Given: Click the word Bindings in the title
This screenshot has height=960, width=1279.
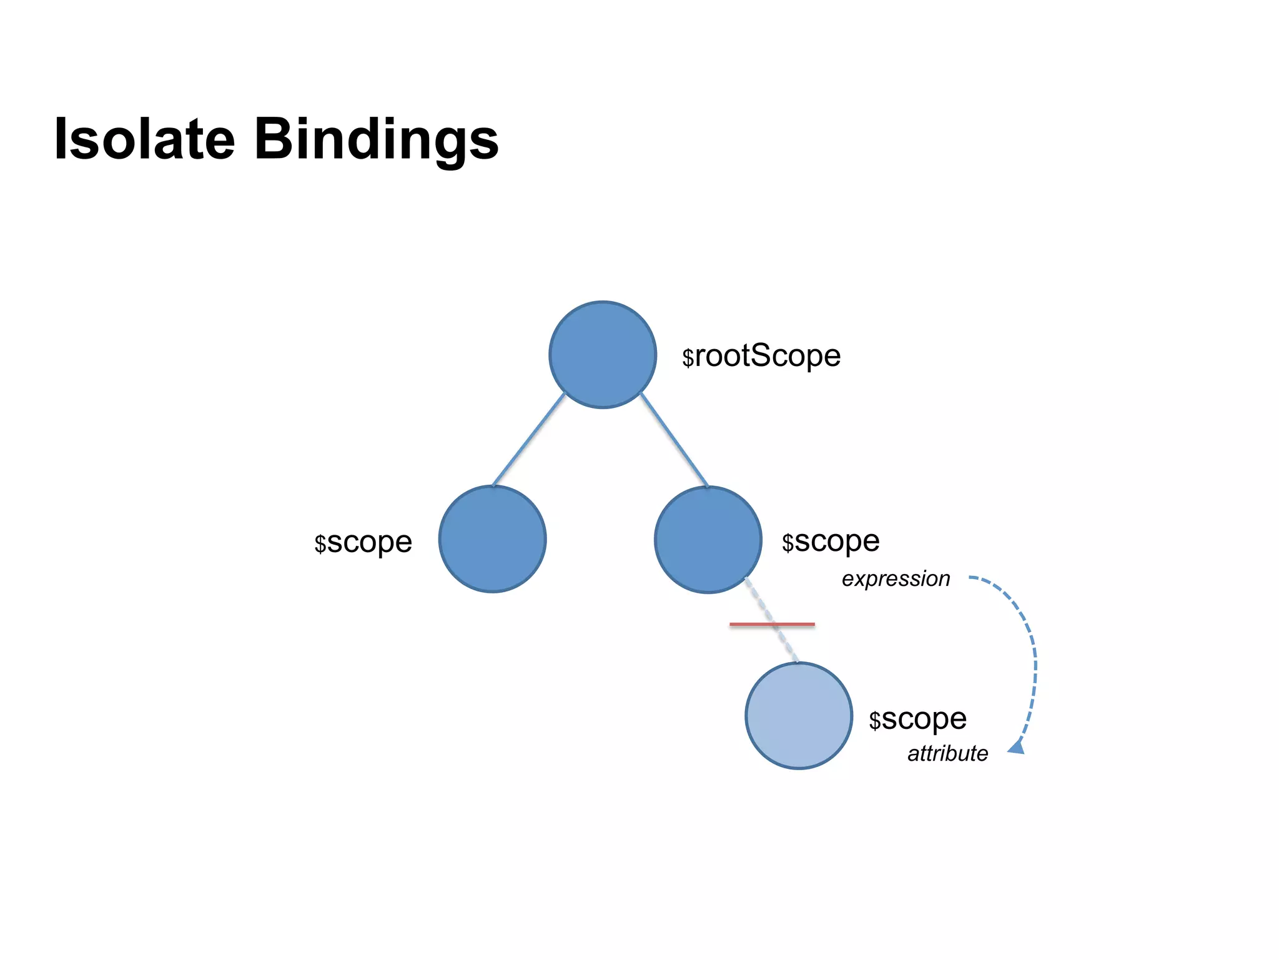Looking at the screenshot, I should [x=376, y=140].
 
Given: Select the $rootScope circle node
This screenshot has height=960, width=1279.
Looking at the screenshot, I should [x=603, y=355].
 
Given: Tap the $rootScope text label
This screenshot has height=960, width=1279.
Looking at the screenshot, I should [x=761, y=357].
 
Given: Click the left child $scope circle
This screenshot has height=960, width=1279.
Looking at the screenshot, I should [x=493, y=539].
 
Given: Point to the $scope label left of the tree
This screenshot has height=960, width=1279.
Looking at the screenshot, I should [x=363, y=543].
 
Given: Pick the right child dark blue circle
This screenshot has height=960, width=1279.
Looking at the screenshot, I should [x=708, y=540].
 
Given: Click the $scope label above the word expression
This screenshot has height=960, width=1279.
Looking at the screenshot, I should [x=831, y=542].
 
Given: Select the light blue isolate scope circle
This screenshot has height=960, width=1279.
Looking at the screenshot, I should [x=799, y=716].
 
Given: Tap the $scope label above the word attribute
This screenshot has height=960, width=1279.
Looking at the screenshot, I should [x=917, y=720].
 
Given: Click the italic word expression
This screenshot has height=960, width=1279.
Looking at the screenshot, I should [x=896, y=579].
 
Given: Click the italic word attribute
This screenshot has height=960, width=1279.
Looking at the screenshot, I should [x=947, y=754].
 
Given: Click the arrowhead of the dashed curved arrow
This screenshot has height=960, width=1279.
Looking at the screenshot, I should [x=1017, y=746].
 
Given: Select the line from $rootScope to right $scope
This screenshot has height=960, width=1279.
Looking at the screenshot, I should [x=674, y=440].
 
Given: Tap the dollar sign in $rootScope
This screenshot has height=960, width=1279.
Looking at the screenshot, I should [x=688, y=358].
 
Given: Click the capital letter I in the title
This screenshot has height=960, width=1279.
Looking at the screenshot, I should [x=61, y=139].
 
